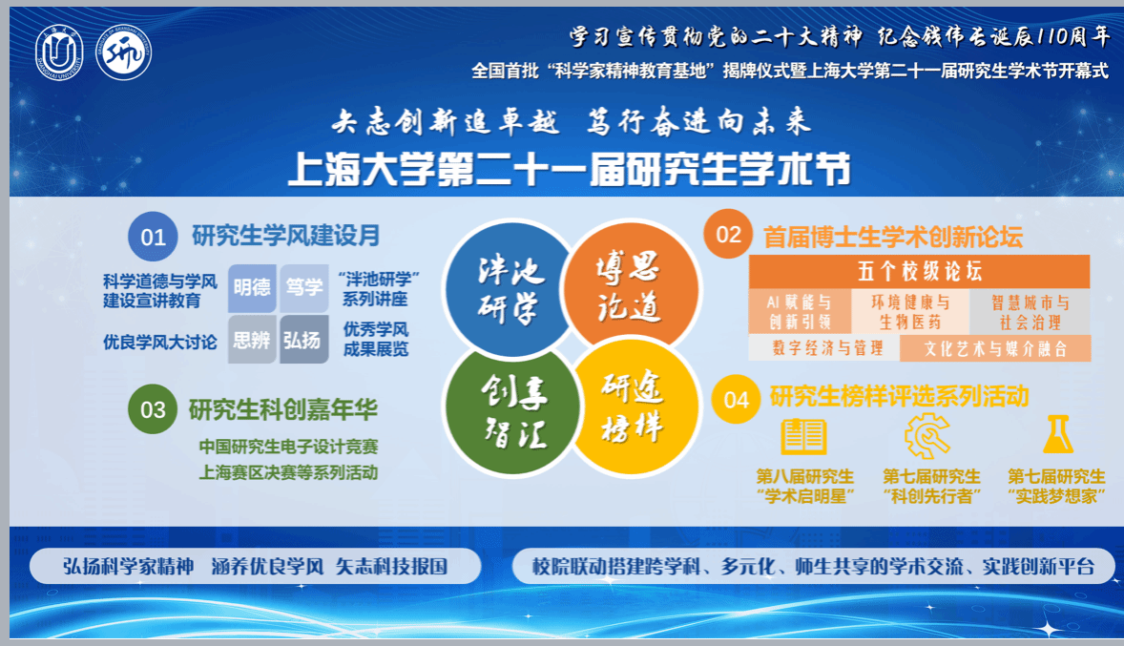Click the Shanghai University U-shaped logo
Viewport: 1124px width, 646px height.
pyautogui.click(x=59, y=52)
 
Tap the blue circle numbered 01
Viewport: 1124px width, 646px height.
pyautogui.click(x=154, y=238)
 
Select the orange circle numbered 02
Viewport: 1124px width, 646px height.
pyautogui.click(x=728, y=235)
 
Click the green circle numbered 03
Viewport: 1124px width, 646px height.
pyautogui.click(x=154, y=410)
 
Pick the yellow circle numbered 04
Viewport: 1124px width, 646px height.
pyautogui.click(x=737, y=399)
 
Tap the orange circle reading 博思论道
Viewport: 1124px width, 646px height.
pyautogui.click(x=628, y=287)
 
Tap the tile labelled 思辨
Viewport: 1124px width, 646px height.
pyautogui.click(x=252, y=340)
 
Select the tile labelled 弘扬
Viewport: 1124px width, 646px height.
pyautogui.click(x=303, y=340)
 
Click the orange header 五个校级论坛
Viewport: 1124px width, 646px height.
pyautogui.click(x=919, y=272)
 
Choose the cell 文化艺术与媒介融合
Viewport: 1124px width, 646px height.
pyautogui.click(x=994, y=348)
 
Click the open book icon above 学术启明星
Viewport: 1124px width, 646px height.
pyautogui.click(x=803, y=437)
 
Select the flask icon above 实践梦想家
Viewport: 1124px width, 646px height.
pyautogui.click(x=1057, y=435)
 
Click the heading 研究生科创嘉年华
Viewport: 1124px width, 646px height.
pyautogui.click(x=283, y=410)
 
